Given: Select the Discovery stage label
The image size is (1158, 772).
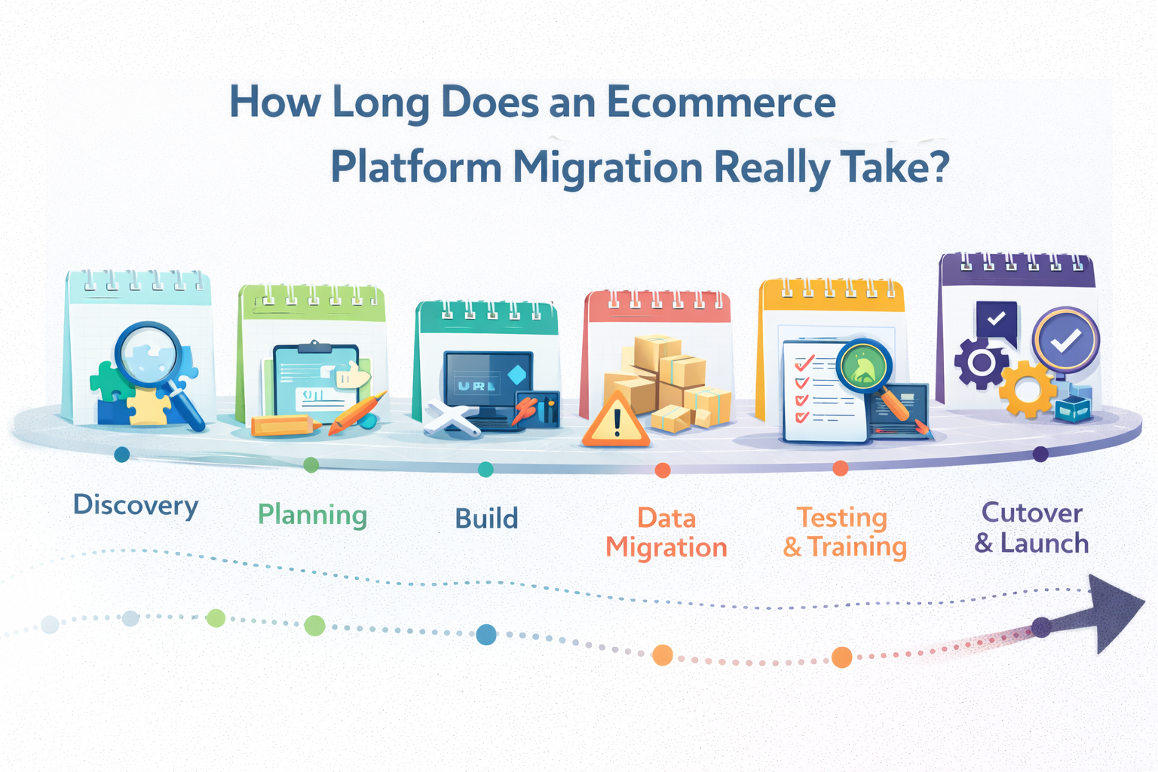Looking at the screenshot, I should pos(136,505).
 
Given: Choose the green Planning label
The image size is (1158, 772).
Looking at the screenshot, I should pos(312,516).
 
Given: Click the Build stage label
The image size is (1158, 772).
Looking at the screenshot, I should pos(486,519).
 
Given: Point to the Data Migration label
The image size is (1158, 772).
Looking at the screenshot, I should pos(666,532).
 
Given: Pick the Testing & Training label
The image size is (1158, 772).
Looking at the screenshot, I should pos(844,532).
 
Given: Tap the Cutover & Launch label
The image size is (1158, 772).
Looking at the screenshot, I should pos(1031,528).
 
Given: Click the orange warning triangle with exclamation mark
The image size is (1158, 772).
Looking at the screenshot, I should pos(616,421).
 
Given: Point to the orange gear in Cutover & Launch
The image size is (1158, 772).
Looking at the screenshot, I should pos(1027,389).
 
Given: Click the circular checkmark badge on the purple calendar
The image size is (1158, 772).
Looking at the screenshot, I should pos(1065,341).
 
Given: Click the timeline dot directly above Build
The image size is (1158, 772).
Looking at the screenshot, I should pos(486,469).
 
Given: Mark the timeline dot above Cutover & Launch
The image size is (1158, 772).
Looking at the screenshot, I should pos(1040,454).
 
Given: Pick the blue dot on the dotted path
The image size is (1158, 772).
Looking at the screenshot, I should pos(486,634).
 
